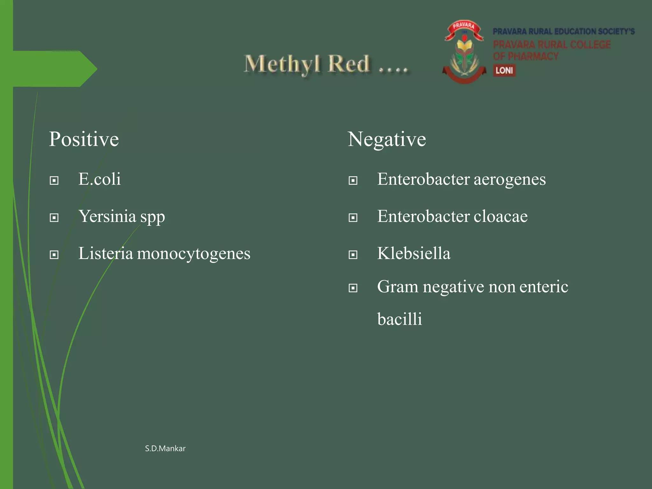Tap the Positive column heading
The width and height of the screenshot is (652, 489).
coord(84,139)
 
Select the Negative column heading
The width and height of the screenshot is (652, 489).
coord(386,139)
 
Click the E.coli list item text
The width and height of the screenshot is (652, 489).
coord(99,179)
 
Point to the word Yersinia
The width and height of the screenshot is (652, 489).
coord(107,216)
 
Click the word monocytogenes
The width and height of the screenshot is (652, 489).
coord(194,254)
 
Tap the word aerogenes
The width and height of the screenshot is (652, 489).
coord(509,180)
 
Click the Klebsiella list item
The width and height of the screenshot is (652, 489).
coord(414,253)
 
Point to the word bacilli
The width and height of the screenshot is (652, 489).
coord(400,319)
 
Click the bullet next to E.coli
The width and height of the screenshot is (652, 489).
coord(54,181)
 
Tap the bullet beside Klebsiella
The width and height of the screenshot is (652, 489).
coord(353,255)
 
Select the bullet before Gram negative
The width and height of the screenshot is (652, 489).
coord(353,288)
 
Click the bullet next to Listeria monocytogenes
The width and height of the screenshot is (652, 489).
coord(54,255)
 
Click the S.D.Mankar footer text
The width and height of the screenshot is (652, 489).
coord(165,449)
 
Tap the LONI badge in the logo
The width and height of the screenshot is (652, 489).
coord(504,70)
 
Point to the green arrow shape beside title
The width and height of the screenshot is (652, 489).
coord(54,69)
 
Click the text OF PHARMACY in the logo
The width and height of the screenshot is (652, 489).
coord(526,57)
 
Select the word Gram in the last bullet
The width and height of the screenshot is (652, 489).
coord(397,287)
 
